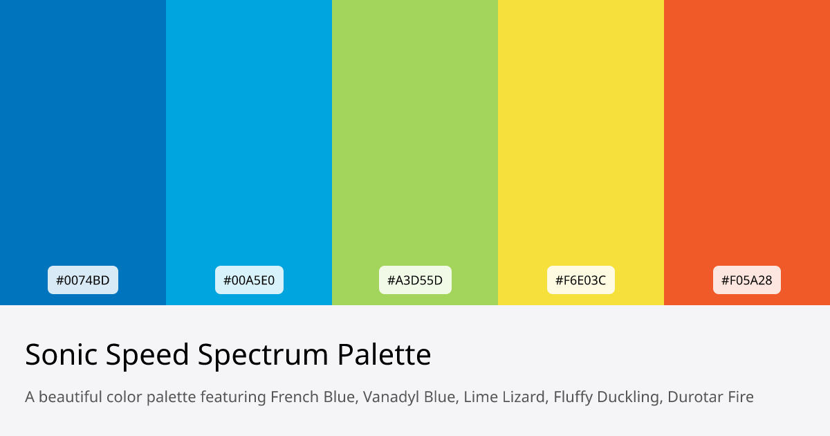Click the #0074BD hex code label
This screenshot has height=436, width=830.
[x=83, y=280]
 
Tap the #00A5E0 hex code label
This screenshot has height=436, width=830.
[x=249, y=280]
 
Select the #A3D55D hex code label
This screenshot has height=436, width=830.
[x=415, y=280]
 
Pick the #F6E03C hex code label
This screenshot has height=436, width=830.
[x=581, y=280]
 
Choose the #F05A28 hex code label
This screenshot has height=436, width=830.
[x=747, y=280]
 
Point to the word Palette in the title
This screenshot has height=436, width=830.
[x=384, y=355]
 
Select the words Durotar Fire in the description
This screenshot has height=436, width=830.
[x=710, y=397]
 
